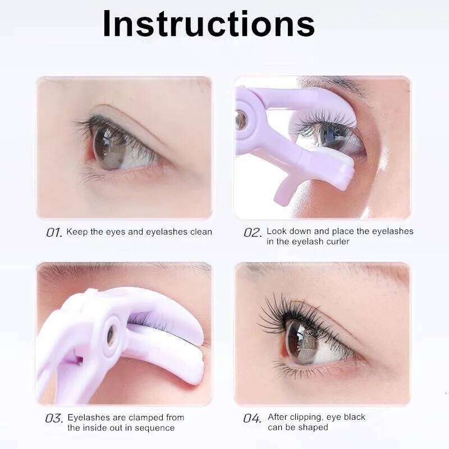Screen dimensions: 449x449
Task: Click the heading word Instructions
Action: (x=209, y=24)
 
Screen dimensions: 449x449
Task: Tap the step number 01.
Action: (x=54, y=232)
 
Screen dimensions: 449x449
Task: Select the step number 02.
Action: (x=253, y=232)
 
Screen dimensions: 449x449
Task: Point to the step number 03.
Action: (x=54, y=418)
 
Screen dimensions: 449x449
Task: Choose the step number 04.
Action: (x=252, y=418)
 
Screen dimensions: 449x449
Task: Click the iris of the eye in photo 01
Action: (x=109, y=148)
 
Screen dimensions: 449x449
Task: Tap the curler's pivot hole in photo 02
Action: (x=241, y=120)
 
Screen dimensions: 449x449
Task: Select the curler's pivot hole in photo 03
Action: (x=111, y=335)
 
